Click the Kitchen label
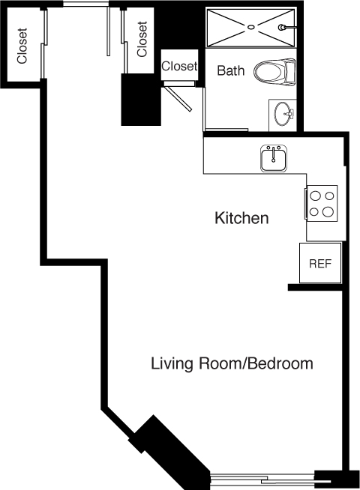241,218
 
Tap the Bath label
231,70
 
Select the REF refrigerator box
320,263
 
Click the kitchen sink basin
274,158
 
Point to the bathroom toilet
275,72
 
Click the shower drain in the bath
250,27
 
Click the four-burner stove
322,204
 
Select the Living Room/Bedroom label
232,363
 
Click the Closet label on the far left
22,46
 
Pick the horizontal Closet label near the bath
179,66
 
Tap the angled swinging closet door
178,98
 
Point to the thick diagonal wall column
169,450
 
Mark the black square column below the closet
141,100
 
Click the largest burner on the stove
328,211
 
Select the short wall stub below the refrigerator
315,288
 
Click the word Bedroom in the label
281,363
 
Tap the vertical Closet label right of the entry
142,39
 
